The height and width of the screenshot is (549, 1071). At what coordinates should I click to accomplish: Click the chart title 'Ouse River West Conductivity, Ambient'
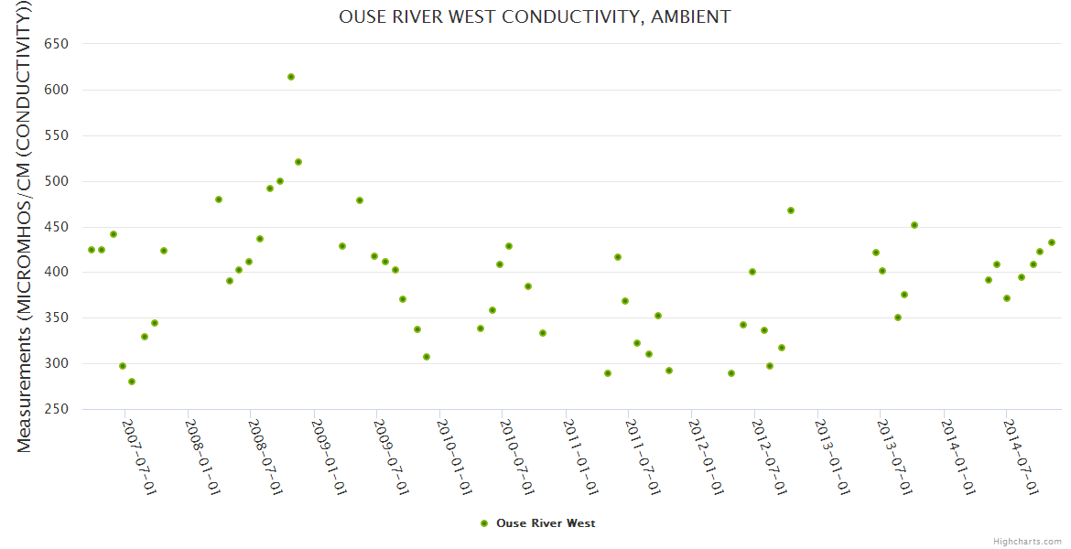tap(535, 17)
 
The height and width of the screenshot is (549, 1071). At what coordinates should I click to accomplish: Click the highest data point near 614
tap(291, 77)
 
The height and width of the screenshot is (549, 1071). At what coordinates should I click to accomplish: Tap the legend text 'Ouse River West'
tap(546, 523)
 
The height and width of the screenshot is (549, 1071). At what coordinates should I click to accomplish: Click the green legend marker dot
tap(484, 523)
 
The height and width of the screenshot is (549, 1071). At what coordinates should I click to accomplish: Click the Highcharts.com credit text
tap(1027, 541)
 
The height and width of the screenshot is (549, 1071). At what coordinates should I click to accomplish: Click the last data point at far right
tap(1052, 242)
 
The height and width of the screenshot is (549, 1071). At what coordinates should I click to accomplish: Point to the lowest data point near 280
tap(132, 382)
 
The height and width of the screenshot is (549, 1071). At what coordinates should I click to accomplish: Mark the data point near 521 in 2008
tap(298, 162)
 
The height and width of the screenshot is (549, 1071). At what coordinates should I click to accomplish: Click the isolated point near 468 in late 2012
tap(791, 210)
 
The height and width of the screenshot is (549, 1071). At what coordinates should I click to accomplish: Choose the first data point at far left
tap(92, 250)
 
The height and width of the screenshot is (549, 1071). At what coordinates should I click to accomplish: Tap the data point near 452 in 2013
tap(914, 225)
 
